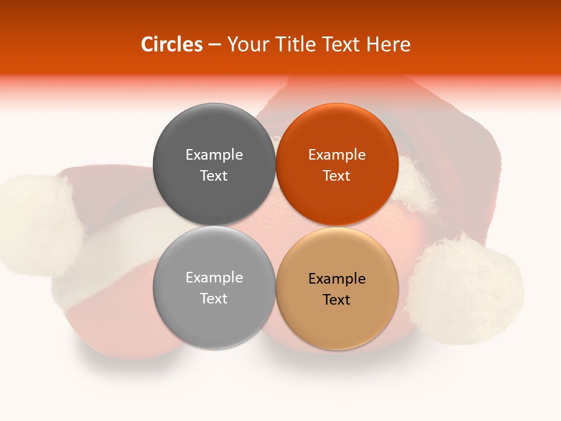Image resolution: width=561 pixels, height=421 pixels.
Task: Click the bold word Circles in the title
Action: click(x=172, y=44)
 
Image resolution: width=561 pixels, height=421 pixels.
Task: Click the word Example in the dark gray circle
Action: click(x=214, y=154)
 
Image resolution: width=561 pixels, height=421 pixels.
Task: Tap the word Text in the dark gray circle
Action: click(x=214, y=175)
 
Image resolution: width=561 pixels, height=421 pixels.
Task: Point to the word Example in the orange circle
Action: click(x=337, y=154)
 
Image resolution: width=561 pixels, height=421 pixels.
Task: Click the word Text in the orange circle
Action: click(x=337, y=175)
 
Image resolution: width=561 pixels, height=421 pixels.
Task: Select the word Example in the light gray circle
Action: click(x=214, y=277)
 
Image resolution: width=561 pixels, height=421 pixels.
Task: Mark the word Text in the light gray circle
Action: click(x=214, y=298)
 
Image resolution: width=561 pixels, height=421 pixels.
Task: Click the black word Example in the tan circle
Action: click(x=337, y=278)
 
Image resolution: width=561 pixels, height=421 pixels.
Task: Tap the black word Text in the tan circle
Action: click(x=337, y=299)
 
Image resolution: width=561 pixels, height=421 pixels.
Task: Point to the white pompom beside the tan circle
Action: click(x=465, y=289)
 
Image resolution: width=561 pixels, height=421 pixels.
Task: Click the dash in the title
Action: click(x=214, y=45)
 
